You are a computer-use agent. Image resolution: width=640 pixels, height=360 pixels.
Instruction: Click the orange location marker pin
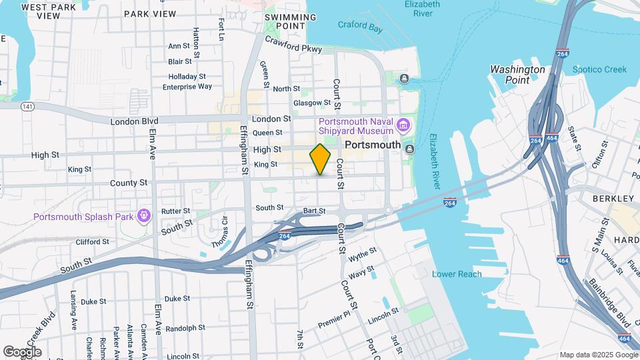coord(320,159)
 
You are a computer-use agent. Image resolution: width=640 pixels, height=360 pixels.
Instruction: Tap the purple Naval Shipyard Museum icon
coord(403,125)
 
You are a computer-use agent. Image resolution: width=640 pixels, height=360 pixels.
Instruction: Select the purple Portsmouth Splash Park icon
coord(143,215)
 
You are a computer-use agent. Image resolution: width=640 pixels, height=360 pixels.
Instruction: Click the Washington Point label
coord(518,74)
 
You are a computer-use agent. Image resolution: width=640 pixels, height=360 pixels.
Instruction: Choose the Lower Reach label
coord(457,274)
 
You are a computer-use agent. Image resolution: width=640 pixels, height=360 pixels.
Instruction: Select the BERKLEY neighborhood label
coord(613,199)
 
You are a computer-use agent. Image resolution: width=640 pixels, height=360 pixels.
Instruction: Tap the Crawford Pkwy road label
coord(293,45)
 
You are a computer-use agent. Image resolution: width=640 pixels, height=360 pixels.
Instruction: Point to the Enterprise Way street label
coord(187,87)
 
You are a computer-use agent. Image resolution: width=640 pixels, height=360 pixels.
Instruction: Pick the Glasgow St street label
coord(312,103)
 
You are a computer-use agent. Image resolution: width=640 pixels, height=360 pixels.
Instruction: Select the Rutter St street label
coord(175,211)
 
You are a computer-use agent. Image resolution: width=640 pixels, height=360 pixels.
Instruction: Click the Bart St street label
coord(313,211)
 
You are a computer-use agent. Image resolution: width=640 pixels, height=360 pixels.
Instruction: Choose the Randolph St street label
coord(185,328)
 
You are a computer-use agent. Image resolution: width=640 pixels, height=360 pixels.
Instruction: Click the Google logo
coord(22,351)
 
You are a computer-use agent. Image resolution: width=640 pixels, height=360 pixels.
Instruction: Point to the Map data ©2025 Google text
coord(598,355)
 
